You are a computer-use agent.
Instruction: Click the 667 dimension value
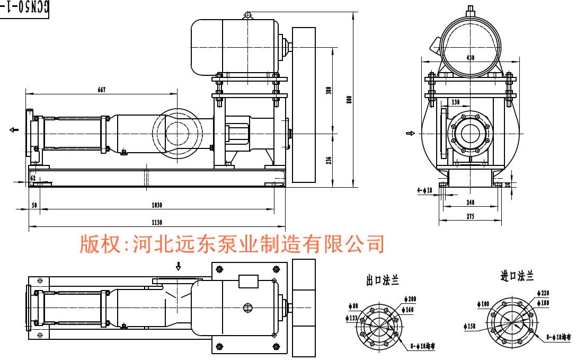(x=101, y=90)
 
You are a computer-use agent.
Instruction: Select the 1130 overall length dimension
(x=157, y=223)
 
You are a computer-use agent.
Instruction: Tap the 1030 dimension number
(x=157, y=205)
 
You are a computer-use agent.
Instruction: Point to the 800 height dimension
(x=349, y=100)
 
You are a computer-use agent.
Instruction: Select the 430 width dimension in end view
(x=470, y=57)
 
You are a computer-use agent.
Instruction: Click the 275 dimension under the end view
(x=470, y=216)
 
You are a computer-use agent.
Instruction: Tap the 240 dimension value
(x=470, y=203)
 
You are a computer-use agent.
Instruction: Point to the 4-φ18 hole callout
(x=425, y=190)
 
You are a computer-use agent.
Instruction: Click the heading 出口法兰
(x=382, y=280)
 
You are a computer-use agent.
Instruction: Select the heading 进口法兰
(x=517, y=276)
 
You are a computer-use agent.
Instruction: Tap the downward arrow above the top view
(x=179, y=265)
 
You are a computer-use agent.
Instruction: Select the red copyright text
(x=232, y=244)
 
